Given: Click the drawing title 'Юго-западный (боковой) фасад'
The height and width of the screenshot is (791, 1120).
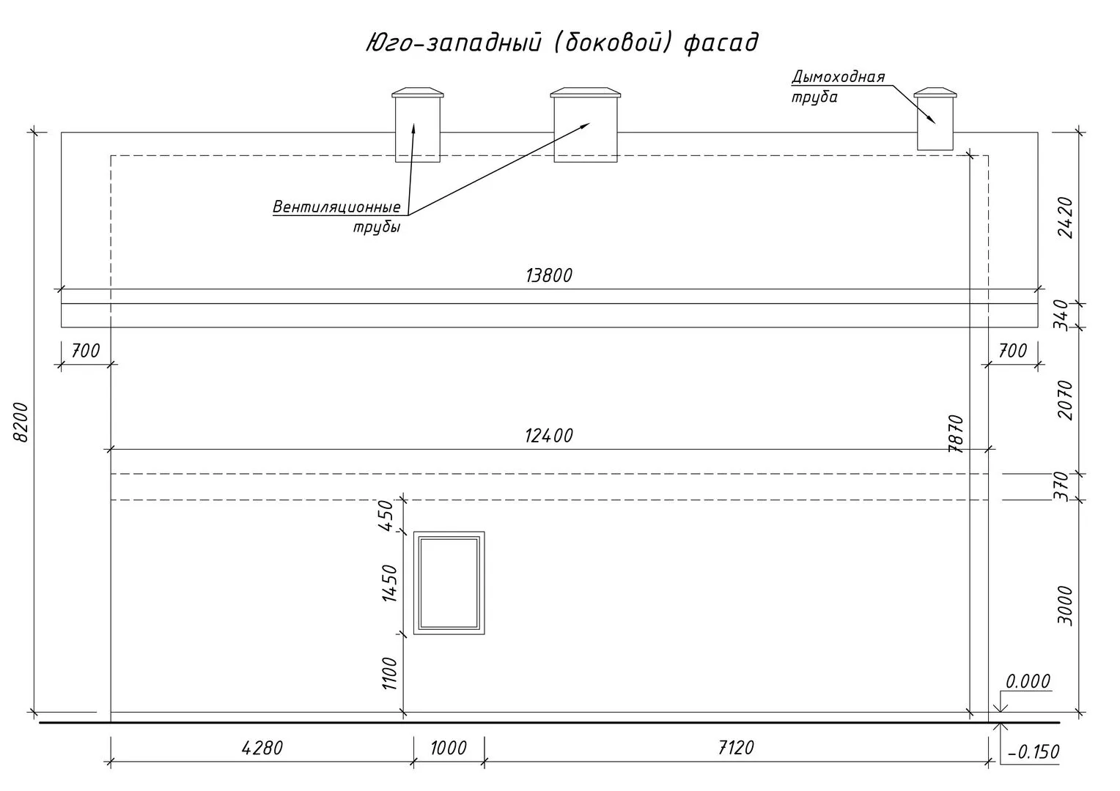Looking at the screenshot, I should [x=561, y=42].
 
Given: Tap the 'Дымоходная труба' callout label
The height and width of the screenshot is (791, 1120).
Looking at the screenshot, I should [x=838, y=86].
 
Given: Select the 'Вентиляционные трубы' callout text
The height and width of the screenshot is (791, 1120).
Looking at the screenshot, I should [x=336, y=216].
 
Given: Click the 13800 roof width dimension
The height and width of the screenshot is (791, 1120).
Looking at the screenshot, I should [x=548, y=275].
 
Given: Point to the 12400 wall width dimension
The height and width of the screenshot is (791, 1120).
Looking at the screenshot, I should [x=548, y=436].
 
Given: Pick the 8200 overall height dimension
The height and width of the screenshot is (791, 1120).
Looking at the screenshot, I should [x=21, y=422].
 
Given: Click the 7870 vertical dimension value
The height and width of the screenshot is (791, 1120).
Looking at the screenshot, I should [x=956, y=434].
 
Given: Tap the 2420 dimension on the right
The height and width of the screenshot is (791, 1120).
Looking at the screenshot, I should [x=1066, y=218].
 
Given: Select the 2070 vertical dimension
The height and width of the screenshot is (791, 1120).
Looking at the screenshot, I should [x=1066, y=400].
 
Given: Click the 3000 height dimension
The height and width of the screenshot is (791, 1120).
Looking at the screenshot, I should [x=1066, y=606].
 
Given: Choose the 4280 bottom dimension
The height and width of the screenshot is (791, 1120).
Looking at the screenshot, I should [x=262, y=748].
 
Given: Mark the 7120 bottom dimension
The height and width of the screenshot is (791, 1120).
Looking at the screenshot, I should [x=736, y=748].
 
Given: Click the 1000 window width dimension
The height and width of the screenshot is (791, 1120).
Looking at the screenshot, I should [x=448, y=748].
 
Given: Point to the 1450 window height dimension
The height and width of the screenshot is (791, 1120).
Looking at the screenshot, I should [x=389, y=583].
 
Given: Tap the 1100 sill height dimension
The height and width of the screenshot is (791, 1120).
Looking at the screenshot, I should [x=389, y=673].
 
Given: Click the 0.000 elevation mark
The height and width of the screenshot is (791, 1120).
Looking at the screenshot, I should [x=1028, y=682].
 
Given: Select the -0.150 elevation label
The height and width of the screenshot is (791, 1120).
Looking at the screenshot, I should [x=1034, y=752].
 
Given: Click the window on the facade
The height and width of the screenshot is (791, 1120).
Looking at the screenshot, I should [x=449, y=583].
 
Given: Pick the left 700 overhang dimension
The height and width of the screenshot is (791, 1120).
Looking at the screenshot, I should [x=85, y=351].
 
